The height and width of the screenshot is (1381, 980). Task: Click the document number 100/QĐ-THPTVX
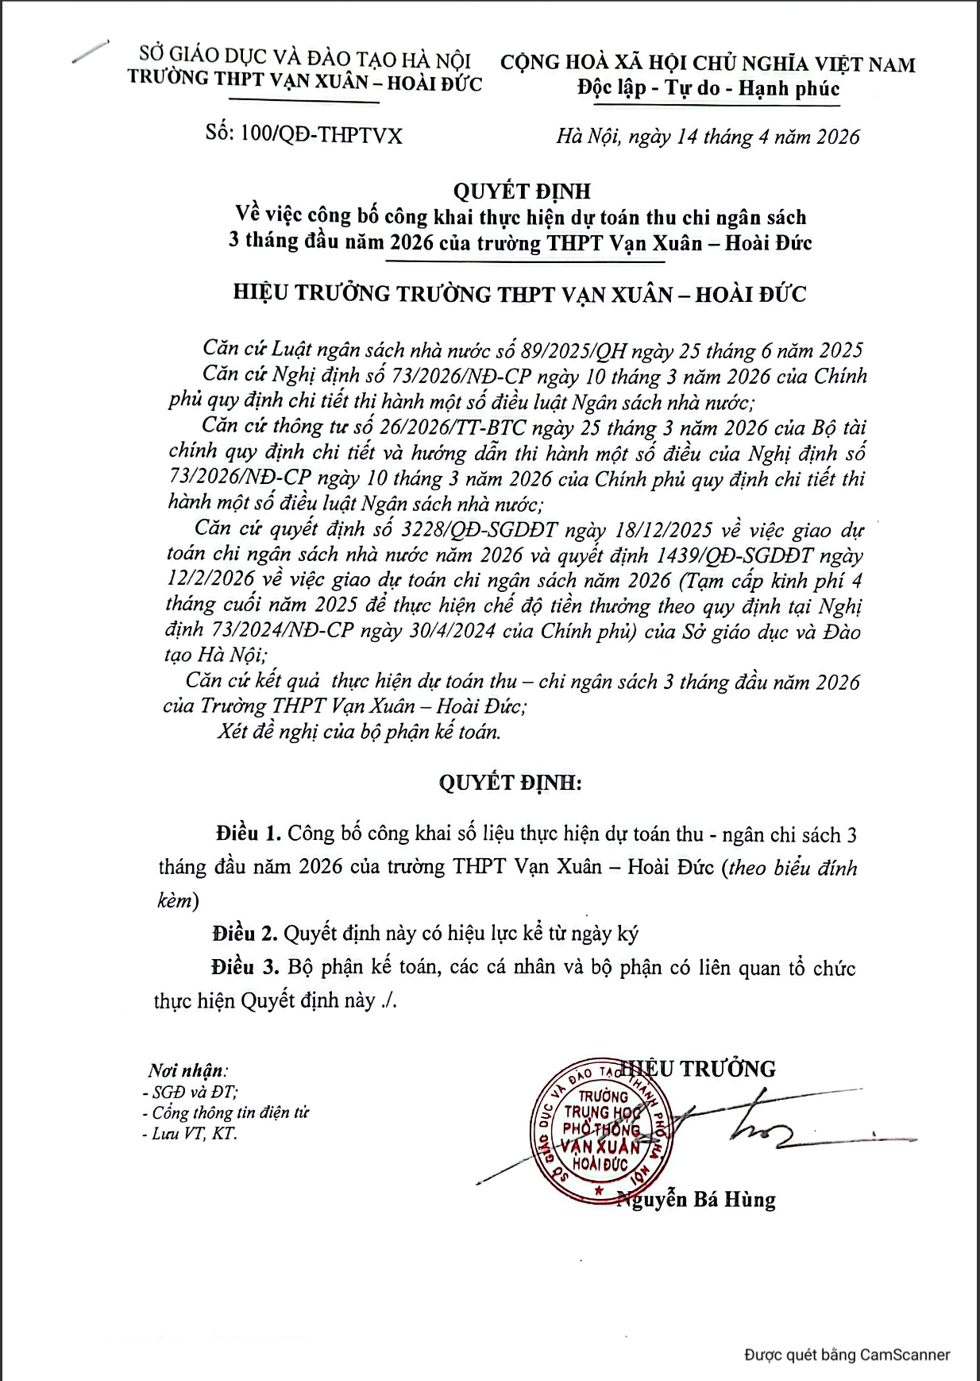pyautogui.click(x=321, y=135)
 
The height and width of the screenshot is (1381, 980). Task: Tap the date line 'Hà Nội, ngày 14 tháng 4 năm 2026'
pyautogui.click(x=708, y=137)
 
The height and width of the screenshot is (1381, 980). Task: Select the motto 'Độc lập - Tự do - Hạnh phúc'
pyautogui.click(x=708, y=88)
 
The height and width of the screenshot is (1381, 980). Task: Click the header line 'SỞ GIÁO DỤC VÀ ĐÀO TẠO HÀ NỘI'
pyautogui.click(x=305, y=59)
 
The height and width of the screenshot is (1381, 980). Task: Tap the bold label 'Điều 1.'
pyautogui.click(x=248, y=834)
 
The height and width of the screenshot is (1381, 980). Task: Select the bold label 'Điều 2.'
pyautogui.click(x=245, y=933)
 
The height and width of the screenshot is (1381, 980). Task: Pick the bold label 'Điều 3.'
pyautogui.click(x=245, y=967)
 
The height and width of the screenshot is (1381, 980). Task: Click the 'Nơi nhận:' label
pyautogui.click(x=187, y=1070)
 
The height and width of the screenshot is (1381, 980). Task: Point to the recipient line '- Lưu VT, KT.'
pyautogui.click(x=189, y=1133)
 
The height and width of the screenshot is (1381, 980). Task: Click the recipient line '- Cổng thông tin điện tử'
pyautogui.click(x=226, y=1112)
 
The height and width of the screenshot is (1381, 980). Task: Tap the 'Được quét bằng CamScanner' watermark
pyautogui.click(x=847, y=1355)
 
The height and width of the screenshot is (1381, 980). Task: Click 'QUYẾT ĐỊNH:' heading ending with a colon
pyautogui.click(x=510, y=783)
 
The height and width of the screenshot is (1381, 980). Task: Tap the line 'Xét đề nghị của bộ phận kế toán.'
pyautogui.click(x=359, y=731)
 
